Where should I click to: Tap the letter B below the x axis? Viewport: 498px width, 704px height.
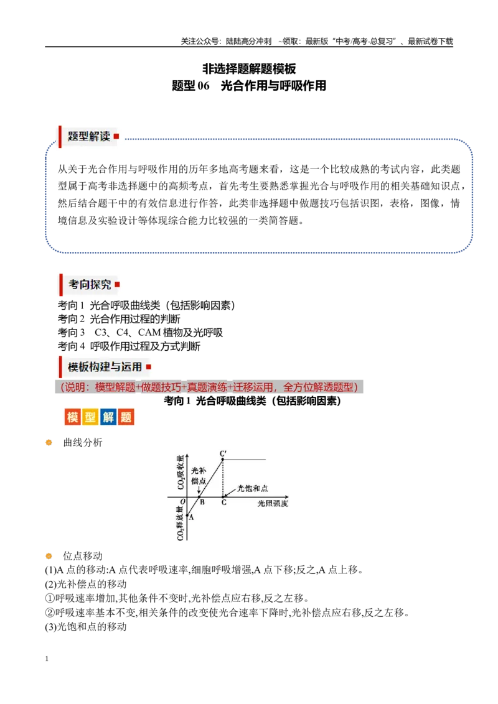(x=202, y=503)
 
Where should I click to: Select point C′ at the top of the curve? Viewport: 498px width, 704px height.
(x=223, y=453)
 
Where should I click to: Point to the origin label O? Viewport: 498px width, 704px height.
(x=182, y=501)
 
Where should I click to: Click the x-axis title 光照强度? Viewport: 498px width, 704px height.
(x=273, y=503)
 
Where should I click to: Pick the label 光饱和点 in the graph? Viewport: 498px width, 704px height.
(x=252, y=488)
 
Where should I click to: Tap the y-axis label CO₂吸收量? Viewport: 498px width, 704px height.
(x=181, y=472)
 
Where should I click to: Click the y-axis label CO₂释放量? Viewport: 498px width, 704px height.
(x=181, y=523)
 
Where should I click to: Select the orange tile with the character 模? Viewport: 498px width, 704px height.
(x=72, y=417)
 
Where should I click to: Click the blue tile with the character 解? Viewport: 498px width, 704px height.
(x=108, y=417)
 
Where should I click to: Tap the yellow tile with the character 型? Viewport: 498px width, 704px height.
(x=90, y=417)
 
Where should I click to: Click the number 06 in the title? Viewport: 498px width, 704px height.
(x=204, y=86)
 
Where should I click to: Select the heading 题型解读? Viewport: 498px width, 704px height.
(x=89, y=136)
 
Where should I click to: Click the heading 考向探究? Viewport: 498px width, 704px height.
(x=90, y=285)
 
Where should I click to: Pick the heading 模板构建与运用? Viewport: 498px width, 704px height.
(x=105, y=367)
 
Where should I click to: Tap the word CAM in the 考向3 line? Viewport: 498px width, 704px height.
(x=149, y=333)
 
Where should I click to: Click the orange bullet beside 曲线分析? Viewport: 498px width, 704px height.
(x=49, y=443)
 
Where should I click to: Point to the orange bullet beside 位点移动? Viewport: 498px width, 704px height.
(x=49, y=556)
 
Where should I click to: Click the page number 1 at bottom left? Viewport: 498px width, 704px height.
(x=47, y=659)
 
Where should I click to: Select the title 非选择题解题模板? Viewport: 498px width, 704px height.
(x=249, y=68)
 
